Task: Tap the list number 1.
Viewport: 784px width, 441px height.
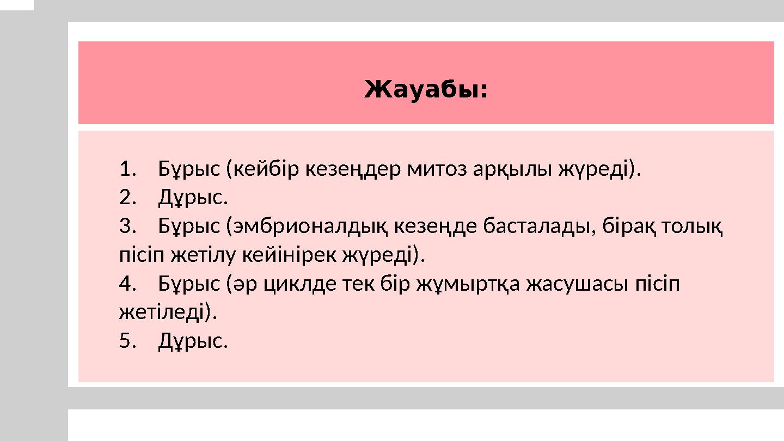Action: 126,169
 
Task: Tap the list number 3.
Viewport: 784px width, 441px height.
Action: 126,226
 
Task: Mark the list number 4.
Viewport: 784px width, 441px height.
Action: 126,284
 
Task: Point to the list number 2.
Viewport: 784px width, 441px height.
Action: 126,198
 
